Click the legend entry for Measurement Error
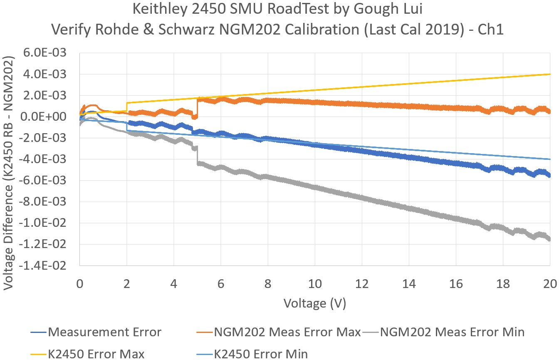click(x=104, y=332)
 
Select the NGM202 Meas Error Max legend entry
click(x=287, y=332)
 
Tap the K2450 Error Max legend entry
click(x=96, y=354)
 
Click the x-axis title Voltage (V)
click(x=315, y=303)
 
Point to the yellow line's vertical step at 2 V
click(x=126, y=107)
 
